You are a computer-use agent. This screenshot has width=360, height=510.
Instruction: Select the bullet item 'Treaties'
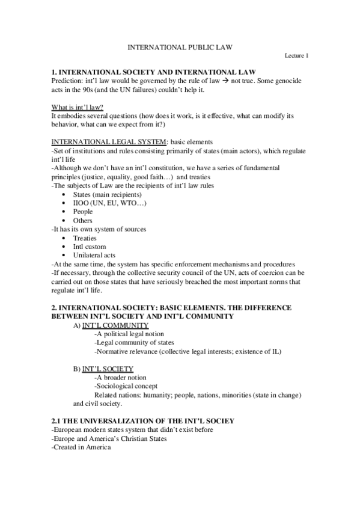point(85,238)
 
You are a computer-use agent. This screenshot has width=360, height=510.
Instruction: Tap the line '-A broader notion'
point(122,377)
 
